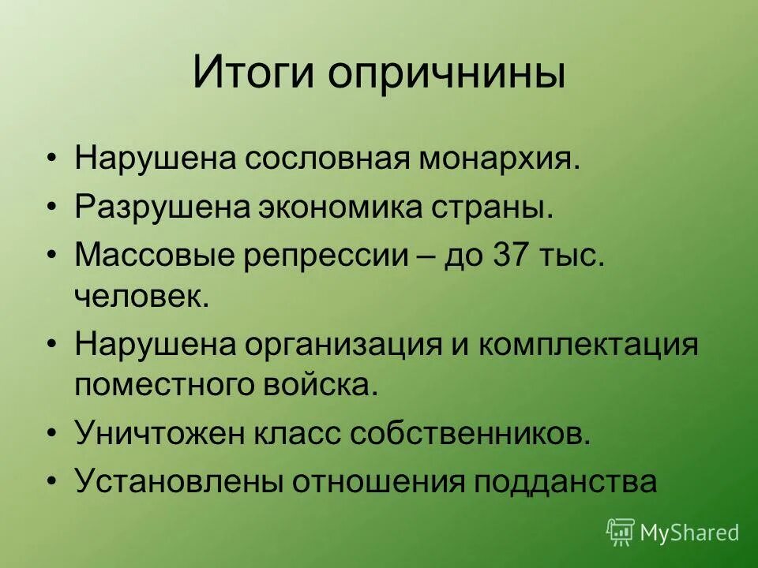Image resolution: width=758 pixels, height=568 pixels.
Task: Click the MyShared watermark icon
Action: coord(621,532)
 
